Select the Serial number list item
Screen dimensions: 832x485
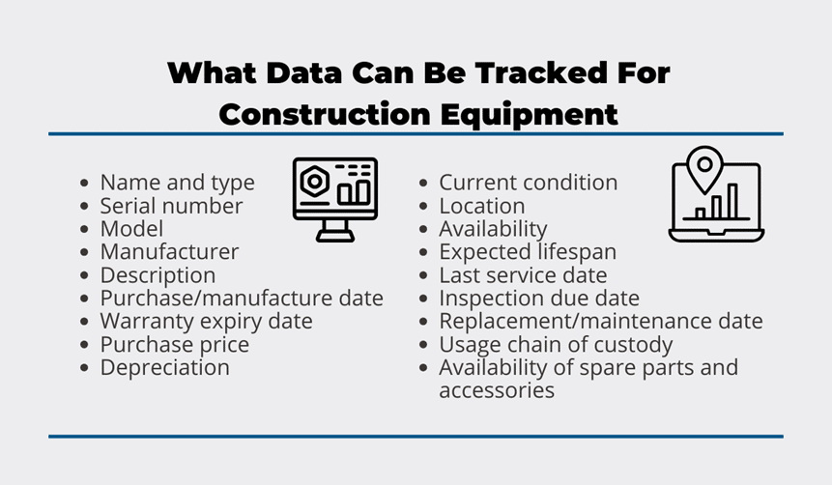click(171, 206)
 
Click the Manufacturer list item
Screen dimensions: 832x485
click(170, 251)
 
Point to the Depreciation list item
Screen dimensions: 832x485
click(165, 368)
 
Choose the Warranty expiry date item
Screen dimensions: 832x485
click(207, 322)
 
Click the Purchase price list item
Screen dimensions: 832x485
click(175, 345)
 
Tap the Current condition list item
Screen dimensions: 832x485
click(528, 183)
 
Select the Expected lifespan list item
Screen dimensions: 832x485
click(528, 252)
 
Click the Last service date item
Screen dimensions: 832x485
click(523, 275)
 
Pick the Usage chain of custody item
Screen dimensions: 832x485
click(556, 345)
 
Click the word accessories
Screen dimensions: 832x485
click(497, 391)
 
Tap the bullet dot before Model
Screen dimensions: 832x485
click(84, 229)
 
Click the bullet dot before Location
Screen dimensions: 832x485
click(423, 206)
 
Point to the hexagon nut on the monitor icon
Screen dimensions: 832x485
click(314, 182)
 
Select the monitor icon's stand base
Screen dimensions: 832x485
click(335, 238)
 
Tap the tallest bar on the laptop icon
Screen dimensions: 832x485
click(732, 201)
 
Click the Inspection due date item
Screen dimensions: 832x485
click(539, 299)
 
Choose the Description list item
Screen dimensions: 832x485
click(158, 276)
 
